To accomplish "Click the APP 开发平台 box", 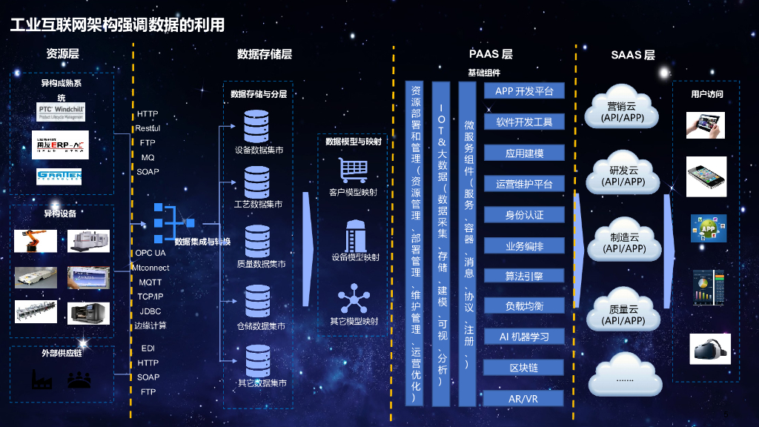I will [x=524, y=91].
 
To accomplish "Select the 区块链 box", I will [x=524, y=368].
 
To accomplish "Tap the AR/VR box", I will [x=524, y=399].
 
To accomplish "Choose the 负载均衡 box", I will [x=524, y=306].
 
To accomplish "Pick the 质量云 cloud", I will [x=623, y=314].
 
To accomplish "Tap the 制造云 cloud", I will [x=623, y=242].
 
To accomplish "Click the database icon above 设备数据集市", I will [x=257, y=126].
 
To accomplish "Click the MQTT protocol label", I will [x=150, y=282].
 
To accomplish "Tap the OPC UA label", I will [x=150, y=254].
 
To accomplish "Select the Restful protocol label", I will [x=148, y=128].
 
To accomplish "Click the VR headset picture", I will [x=709, y=348].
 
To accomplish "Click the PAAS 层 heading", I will [x=491, y=54].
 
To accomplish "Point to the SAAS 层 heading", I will [x=632, y=55].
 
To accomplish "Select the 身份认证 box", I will [x=524, y=214].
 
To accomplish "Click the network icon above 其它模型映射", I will [x=354, y=299].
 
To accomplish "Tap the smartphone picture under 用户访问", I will [x=706, y=176].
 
